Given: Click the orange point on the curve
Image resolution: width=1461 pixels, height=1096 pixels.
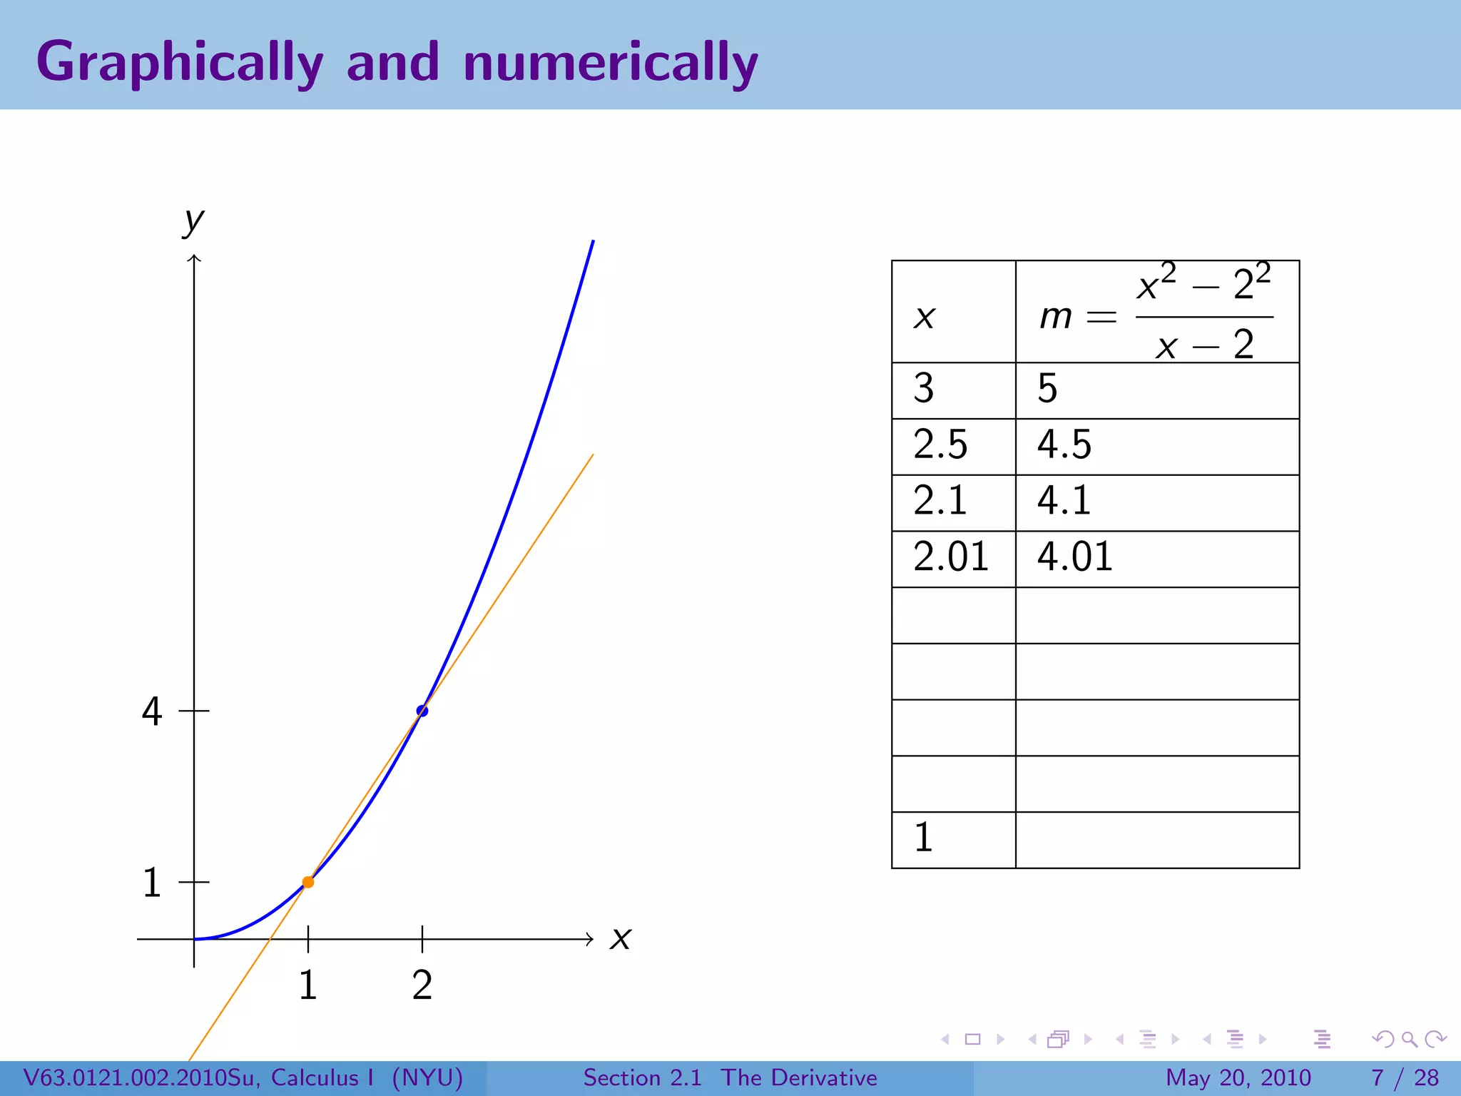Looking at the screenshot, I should pos(308,882).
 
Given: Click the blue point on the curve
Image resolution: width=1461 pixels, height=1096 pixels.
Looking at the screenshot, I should pos(422,711).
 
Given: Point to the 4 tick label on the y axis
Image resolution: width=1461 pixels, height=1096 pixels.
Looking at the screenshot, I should pos(152,711).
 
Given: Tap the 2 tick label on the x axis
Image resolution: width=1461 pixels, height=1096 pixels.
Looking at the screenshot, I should pos(422,985).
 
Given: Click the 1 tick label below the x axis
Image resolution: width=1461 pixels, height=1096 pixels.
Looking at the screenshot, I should pos(308,985).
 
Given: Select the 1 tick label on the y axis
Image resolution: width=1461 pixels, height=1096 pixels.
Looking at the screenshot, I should pos(152,883).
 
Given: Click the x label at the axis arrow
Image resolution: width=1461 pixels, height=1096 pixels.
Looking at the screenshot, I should pos(621,938).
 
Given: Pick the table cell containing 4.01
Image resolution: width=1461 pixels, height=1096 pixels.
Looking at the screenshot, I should pos(1156,559).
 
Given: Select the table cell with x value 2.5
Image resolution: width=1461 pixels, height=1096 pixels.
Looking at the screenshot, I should pos(953,446).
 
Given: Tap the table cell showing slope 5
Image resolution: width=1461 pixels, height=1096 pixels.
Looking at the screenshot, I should pos(1156,390).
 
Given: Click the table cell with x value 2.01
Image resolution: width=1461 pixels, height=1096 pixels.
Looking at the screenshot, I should pos(953,559).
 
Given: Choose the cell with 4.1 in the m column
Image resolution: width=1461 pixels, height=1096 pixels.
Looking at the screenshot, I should pos(1156,502).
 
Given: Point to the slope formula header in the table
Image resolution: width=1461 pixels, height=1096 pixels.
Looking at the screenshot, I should pos(1156,313).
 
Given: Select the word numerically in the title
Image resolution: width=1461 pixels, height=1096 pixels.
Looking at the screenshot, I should pos(611,62).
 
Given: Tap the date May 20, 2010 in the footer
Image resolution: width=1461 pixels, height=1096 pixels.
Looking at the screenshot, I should pos(1238,1077).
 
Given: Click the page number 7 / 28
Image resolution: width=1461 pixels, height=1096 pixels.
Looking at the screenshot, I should pos(1405,1077).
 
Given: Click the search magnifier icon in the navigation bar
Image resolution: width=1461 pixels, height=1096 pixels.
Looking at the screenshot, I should pos(1409,1039).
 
